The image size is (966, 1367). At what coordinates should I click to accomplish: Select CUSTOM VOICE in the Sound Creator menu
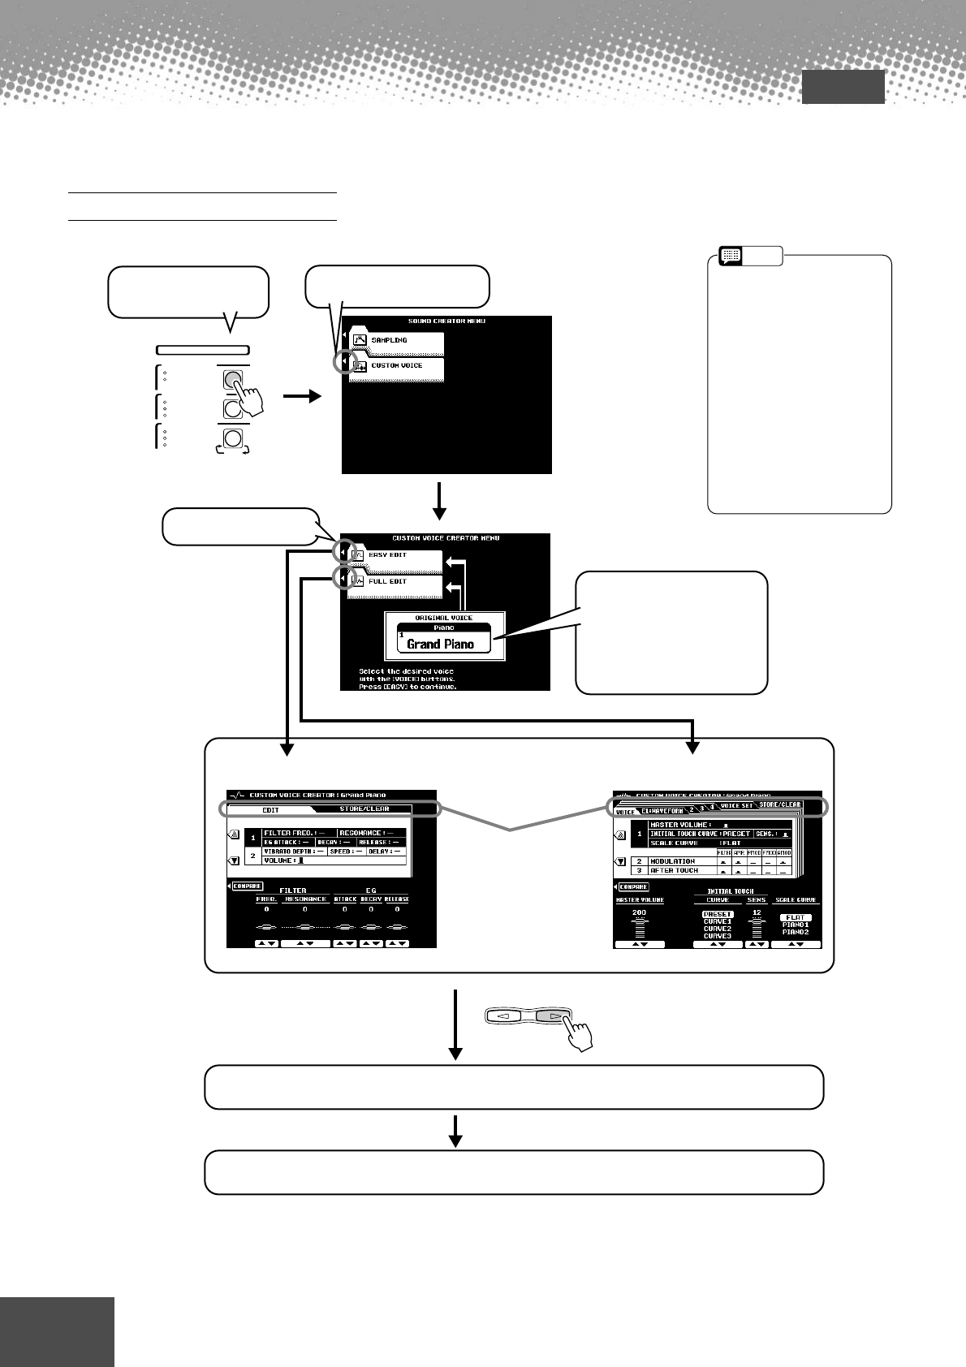(x=398, y=366)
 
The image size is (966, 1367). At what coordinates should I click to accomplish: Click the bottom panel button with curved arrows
(x=233, y=438)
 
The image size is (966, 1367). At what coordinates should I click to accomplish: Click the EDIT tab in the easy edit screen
(x=270, y=809)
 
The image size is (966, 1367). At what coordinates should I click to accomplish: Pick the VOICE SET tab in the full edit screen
(x=737, y=806)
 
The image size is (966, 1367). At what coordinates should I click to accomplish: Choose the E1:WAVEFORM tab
(x=662, y=810)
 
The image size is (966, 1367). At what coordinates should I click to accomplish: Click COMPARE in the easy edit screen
(x=248, y=886)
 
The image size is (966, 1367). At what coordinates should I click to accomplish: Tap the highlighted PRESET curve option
(x=718, y=914)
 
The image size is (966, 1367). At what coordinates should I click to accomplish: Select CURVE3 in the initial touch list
(x=718, y=936)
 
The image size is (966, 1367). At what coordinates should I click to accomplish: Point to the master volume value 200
(x=639, y=912)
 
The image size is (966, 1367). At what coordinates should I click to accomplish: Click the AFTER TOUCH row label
(x=674, y=870)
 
